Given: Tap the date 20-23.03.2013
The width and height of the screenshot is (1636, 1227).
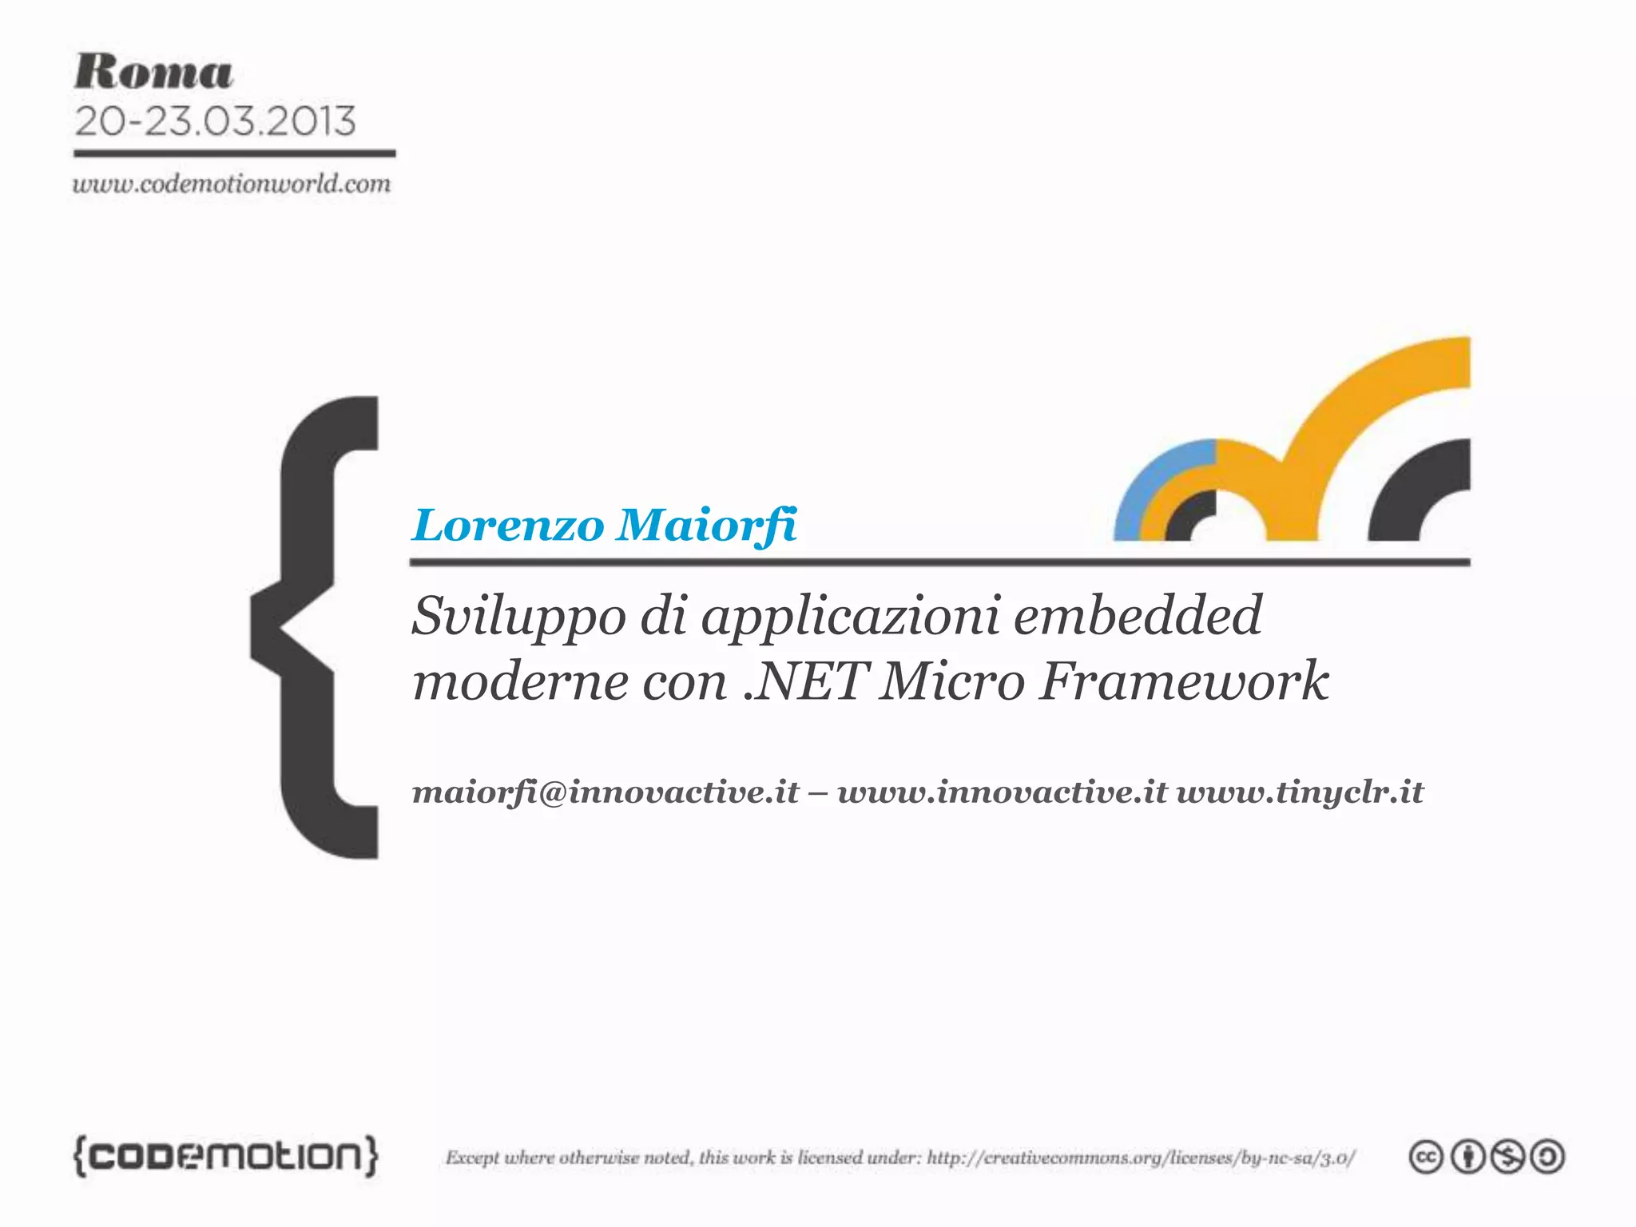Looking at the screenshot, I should tap(215, 121).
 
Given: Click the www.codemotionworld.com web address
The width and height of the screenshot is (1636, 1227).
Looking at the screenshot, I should tap(232, 185).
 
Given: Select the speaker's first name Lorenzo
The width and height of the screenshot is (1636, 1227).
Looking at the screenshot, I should tap(509, 526).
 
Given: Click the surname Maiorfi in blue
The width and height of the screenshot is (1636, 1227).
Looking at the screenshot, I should tap(707, 526).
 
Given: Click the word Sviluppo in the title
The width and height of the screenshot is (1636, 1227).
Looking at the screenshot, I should tap(518, 617).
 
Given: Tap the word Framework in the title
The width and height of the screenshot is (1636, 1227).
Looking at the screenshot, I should tap(1184, 681).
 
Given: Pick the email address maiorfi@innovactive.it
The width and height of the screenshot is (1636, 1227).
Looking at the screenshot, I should tap(606, 792).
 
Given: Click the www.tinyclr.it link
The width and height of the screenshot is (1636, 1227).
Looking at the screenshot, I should tap(1300, 792).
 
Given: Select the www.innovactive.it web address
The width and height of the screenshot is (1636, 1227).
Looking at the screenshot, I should tap(1002, 792).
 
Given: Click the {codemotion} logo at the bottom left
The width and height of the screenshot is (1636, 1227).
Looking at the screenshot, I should tap(226, 1156).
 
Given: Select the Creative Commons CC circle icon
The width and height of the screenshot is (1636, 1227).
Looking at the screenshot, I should tap(1426, 1158).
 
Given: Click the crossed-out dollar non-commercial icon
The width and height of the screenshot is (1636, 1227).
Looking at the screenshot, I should tap(1507, 1158).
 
